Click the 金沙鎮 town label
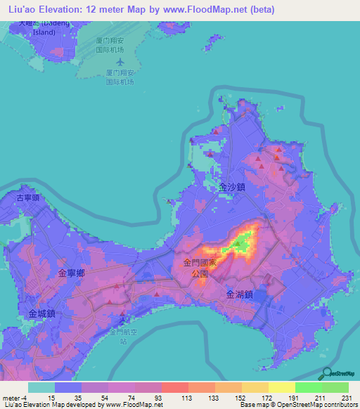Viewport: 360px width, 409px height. click(x=232, y=188)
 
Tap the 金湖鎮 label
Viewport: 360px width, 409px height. click(x=240, y=296)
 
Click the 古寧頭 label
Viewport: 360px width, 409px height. click(x=30, y=198)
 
